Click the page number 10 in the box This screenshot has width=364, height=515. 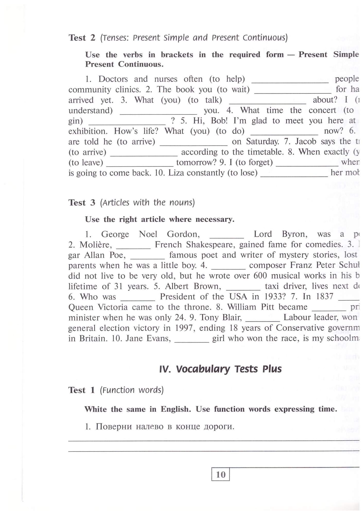(220, 474)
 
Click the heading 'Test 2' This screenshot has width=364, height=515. (82, 38)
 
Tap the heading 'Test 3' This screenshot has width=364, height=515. (82, 203)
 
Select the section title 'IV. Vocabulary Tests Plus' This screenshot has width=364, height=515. (220, 369)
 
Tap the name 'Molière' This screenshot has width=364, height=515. (96, 245)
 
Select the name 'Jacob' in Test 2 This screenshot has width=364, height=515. (306, 142)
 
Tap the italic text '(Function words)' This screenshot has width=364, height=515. (132, 390)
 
